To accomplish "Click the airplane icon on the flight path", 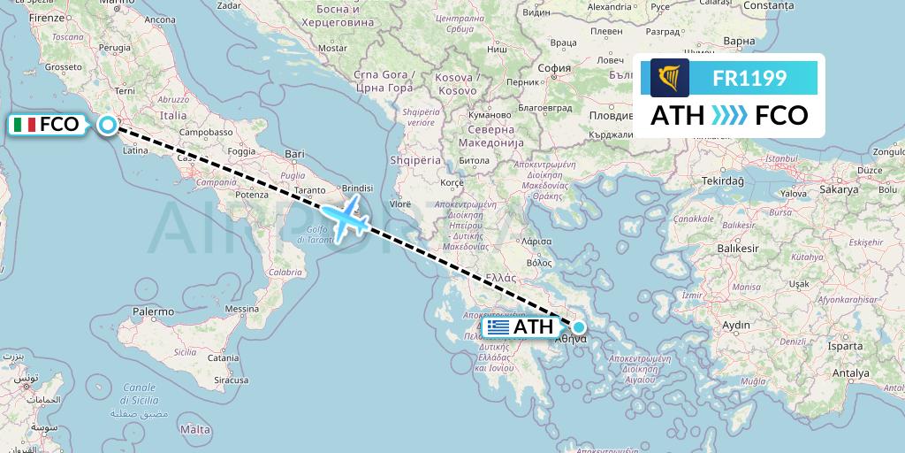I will [x=344, y=217].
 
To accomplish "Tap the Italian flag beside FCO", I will [x=25, y=125].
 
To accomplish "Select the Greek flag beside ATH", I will [x=498, y=327].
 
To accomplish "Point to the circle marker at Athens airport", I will [x=579, y=326].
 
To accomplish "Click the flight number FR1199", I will [x=749, y=78].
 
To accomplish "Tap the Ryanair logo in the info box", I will [x=670, y=78].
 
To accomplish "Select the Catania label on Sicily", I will [x=224, y=357].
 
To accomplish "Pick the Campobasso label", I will [x=209, y=132].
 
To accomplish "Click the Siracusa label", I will [x=229, y=380].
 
